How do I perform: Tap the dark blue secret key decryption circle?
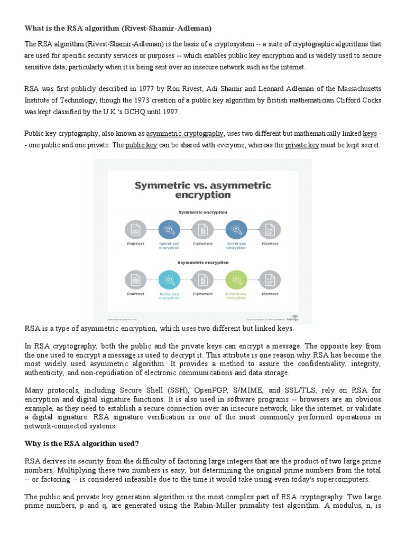[x=236, y=229]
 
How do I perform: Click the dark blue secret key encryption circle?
[x=169, y=229]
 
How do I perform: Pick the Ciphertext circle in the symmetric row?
[x=202, y=229]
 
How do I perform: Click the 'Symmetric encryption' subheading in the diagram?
[x=202, y=212]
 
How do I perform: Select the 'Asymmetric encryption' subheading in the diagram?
[x=202, y=262]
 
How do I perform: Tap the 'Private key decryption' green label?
[x=236, y=295]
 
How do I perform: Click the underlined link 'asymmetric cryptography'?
[x=185, y=133]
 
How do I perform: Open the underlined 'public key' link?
[x=141, y=145]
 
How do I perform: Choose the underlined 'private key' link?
[x=302, y=145]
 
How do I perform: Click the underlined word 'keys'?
[x=370, y=133]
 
